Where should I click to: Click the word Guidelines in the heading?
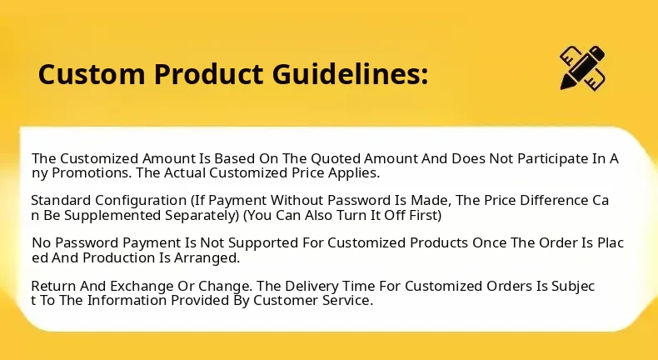coord(351,74)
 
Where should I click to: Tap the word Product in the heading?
coord(208,74)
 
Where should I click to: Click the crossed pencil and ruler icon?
coord(582,68)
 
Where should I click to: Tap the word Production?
coord(119,257)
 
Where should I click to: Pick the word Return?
coord(53,286)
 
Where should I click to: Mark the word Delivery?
coord(312,287)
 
